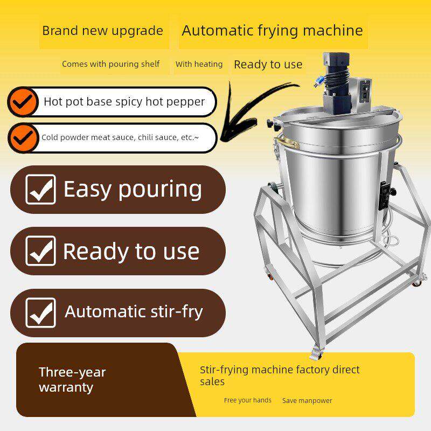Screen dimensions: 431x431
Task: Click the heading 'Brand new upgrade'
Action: click(102, 31)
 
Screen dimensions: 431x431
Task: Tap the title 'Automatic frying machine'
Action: click(272, 31)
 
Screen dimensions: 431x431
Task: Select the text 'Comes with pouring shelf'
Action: click(110, 64)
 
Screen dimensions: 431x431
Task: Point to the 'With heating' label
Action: click(199, 64)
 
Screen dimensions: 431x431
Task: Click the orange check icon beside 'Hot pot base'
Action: click(23, 102)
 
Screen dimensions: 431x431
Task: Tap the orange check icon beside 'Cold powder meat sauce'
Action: click(23, 138)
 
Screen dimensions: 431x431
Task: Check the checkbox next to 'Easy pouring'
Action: click(41, 190)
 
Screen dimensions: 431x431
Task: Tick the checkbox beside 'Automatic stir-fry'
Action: click(41, 313)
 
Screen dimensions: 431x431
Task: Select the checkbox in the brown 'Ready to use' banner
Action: click(41, 251)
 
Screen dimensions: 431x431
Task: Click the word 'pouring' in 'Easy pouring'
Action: click(160, 190)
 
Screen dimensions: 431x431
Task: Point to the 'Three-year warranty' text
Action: click(72, 380)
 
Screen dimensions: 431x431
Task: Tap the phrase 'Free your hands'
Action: click(248, 400)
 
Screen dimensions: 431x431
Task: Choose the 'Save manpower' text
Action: click(307, 400)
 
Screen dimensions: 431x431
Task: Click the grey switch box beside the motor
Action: click(362, 94)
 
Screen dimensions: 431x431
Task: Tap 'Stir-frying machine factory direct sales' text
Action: click(280, 376)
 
